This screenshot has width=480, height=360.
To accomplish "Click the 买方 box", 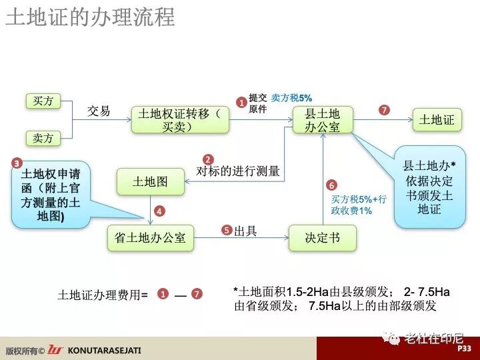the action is tap(43, 101).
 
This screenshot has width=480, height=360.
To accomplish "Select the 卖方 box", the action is tap(43, 138).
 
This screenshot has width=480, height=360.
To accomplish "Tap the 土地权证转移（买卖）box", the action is tap(181, 120).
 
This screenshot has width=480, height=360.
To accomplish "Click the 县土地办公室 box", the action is tap(322, 120).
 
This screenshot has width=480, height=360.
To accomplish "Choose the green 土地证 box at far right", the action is tap(437, 120).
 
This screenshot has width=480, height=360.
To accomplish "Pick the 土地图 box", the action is tap(150, 181).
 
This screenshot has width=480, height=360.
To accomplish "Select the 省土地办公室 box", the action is tap(150, 237).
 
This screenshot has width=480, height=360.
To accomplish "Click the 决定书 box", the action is tap(322, 237).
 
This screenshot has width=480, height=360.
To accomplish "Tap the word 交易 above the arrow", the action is tap(99, 111).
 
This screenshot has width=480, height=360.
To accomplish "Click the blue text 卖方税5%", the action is tap(291, 97).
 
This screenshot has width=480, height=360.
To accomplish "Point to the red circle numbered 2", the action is tap(209, 160).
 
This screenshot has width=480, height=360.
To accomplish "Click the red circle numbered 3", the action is tap(17, 162).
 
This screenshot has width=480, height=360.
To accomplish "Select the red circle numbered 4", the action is tap(159, 211).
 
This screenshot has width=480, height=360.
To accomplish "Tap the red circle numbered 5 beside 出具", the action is tap(227, 231).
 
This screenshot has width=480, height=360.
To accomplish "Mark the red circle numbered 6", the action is tap(331, 185).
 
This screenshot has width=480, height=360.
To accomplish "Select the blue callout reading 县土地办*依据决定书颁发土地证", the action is tap(429, 186).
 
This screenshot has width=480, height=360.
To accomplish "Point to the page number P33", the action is tap(464, 349).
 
